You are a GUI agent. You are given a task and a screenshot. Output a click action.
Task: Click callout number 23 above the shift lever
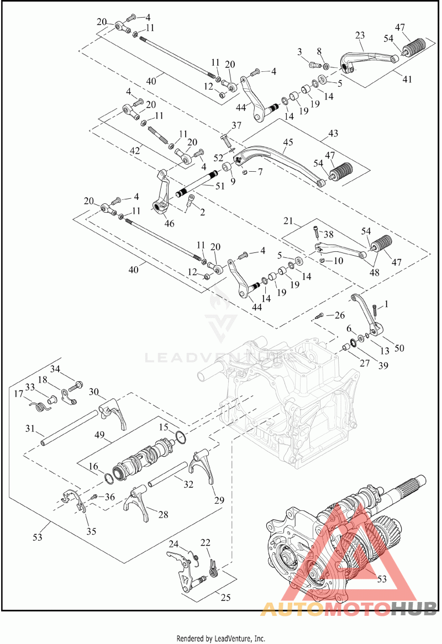point(360,35)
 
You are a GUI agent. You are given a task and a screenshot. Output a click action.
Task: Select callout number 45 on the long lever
point(288,142)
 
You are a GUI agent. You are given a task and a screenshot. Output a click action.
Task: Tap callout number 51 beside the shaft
point(220,186)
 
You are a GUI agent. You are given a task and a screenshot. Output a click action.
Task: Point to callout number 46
point(169,224)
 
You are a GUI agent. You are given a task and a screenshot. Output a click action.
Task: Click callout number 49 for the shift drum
point(99,435)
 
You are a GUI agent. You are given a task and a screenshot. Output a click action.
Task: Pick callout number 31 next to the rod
point(30,429)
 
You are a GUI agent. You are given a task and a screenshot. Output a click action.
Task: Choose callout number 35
point(91,531)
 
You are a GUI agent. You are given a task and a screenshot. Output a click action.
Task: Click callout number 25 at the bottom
point(225,597)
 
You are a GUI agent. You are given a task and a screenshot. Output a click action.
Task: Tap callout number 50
point(399,349)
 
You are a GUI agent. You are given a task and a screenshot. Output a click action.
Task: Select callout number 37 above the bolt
point(236,125)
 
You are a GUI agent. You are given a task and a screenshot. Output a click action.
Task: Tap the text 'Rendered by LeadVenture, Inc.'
point(220,638)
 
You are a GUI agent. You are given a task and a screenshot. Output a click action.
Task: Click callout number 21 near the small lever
point(288,221)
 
